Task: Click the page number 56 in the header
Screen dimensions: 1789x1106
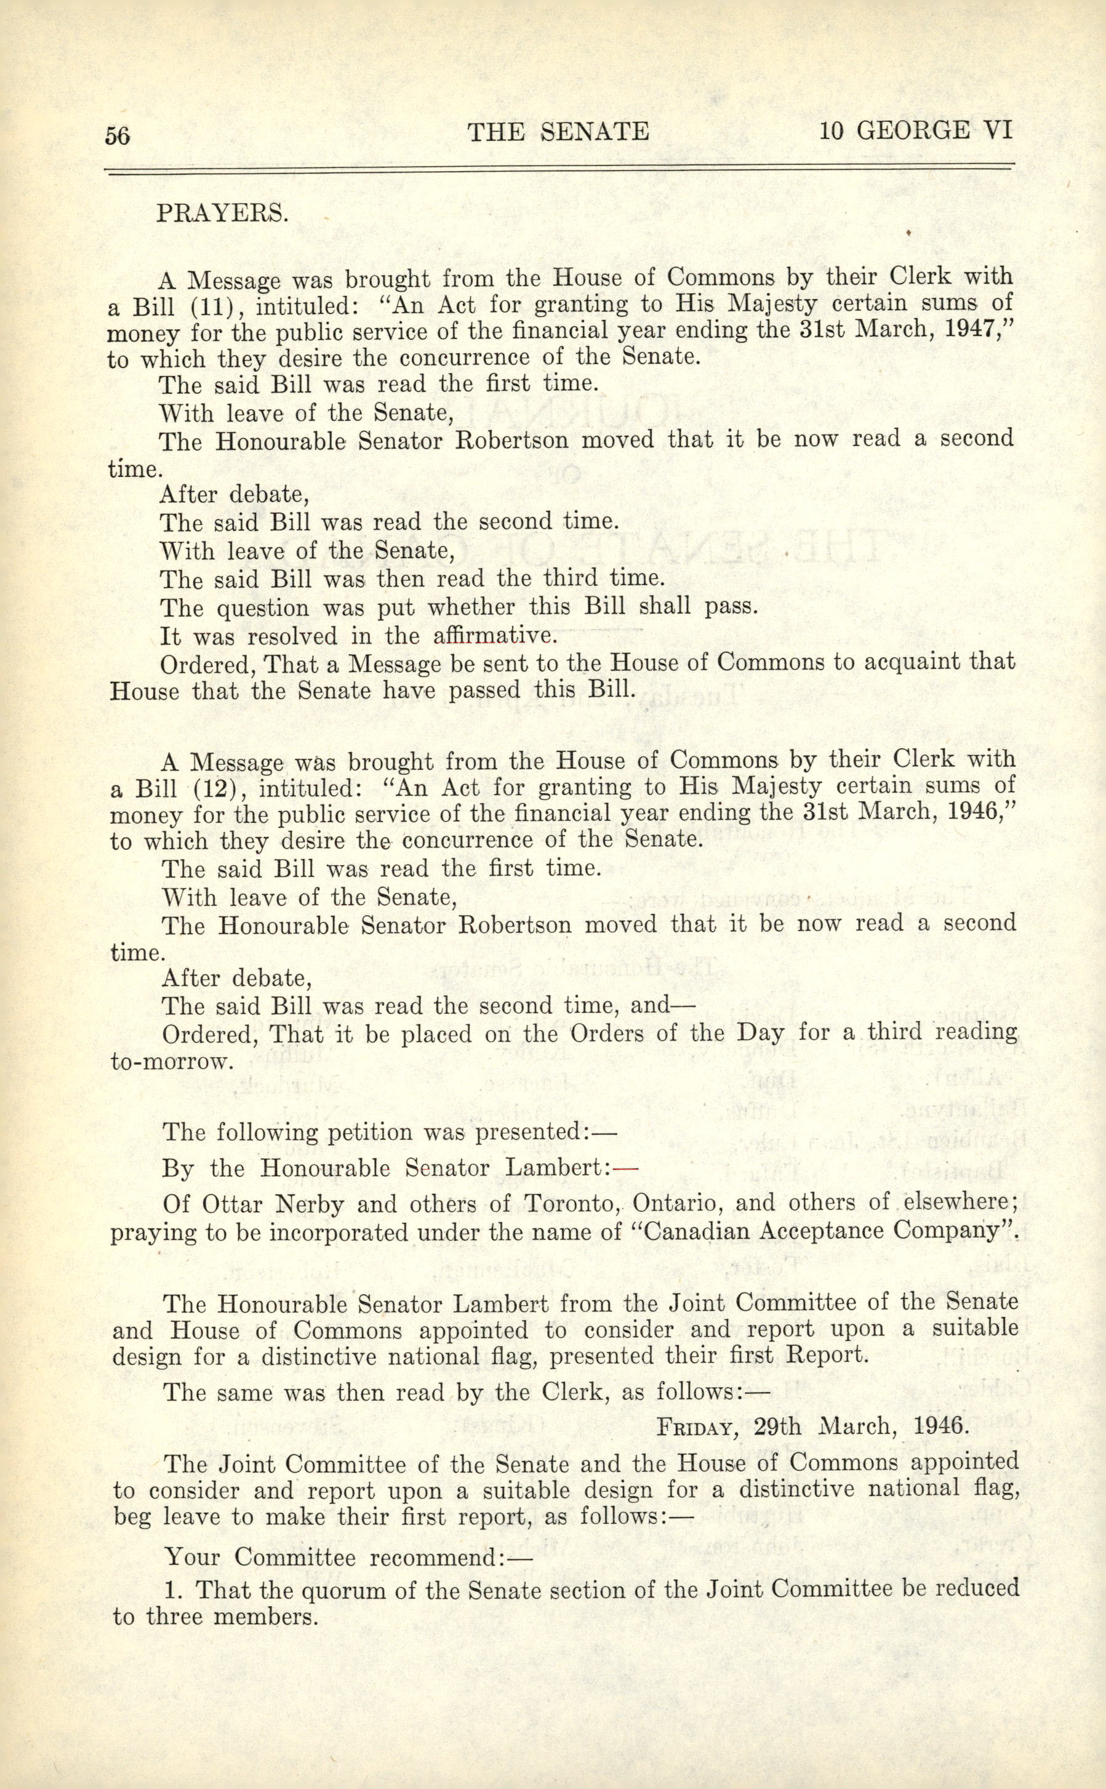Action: tap(118, 135)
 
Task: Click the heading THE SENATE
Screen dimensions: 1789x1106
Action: tap(558, 132)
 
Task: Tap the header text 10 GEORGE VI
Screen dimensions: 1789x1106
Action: tap(916, 131)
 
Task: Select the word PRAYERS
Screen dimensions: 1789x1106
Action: tap(223, 213)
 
